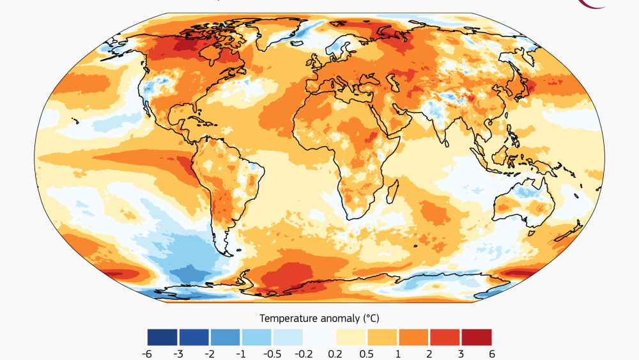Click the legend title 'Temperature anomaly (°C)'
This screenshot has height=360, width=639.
tap(319, 318)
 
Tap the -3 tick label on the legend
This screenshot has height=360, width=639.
tap(179, 353)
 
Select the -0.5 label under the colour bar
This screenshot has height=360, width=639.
tap(272, 353)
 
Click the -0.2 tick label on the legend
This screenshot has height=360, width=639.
tap(304, 353)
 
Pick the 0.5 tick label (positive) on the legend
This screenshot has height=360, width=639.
tap(366, 353)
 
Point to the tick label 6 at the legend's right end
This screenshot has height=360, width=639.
tap(491, 353)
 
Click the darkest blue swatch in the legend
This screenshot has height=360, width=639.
tap(163, 337)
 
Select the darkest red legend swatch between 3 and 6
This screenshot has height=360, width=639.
tap(476, 337)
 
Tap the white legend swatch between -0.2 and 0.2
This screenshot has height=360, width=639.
tap(319, 337)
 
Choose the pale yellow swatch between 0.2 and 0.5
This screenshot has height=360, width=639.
tap(351, 337)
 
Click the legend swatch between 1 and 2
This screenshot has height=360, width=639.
tap(413, 337)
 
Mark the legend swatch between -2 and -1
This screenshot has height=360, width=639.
tap(226, 337)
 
